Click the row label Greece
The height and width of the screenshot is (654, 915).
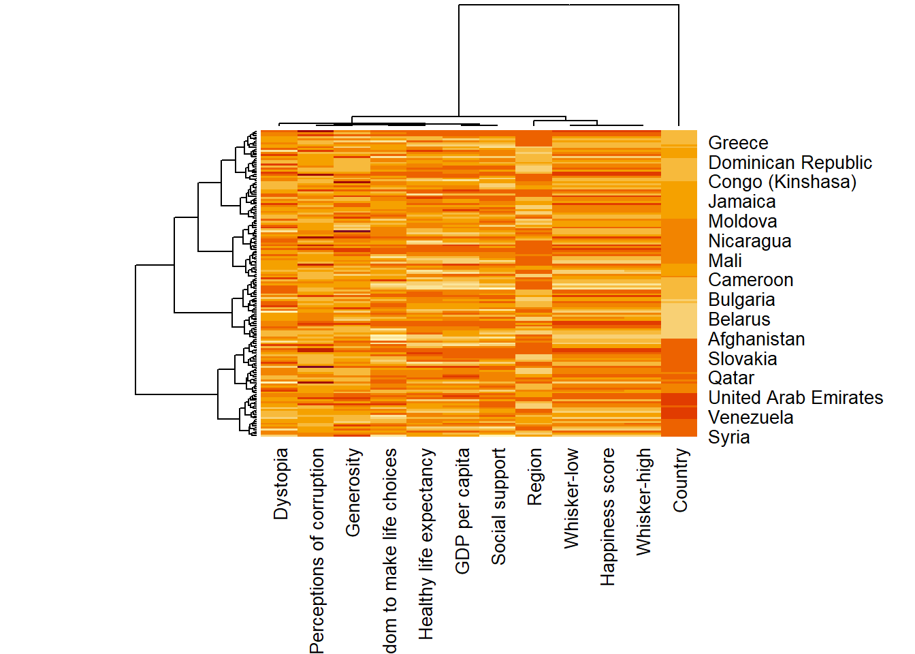point(738,143)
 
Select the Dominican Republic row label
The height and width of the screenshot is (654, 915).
point(790,163)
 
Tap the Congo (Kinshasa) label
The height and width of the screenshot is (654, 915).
point(782,182)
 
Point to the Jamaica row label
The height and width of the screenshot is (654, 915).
point(741,202)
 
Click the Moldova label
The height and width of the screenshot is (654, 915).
point(742,221)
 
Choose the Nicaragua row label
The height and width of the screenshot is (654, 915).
point(750,241)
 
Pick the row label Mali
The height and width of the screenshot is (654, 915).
point(725,261)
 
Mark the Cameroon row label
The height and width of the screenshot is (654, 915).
point(750,280)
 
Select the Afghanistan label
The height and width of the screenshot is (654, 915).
point(756,339)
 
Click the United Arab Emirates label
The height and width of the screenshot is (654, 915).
point(795,398)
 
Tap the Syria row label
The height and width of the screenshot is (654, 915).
point(728,437)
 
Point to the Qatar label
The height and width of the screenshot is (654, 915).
point(731,378)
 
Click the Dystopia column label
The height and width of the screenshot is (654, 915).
point(280,484)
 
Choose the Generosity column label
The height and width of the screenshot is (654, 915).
point(353,492)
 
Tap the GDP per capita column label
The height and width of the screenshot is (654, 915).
point(462,511)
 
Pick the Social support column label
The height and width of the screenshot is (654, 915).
point(498,506)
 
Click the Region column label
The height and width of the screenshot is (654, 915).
point(534,476)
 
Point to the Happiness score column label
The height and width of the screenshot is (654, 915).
point(607,516)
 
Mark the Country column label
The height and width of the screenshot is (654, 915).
point(680,480)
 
